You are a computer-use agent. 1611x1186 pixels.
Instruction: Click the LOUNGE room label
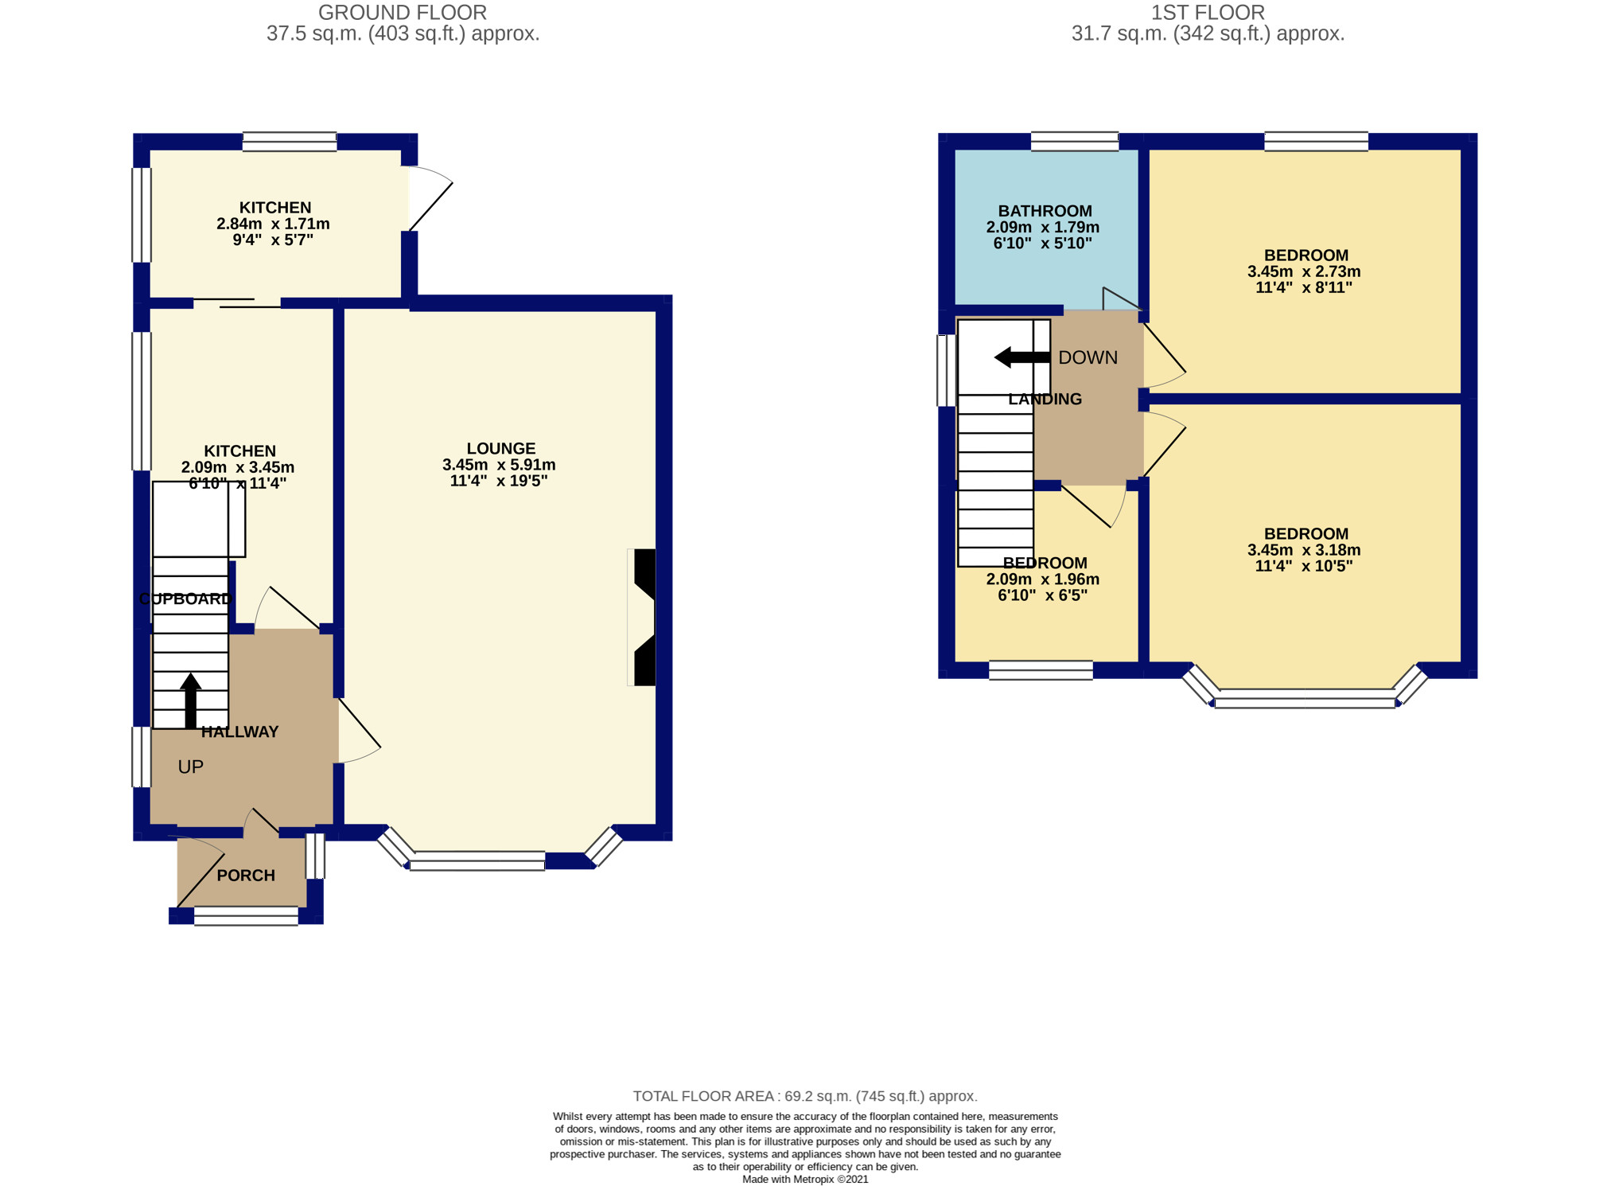[x=500, y=448]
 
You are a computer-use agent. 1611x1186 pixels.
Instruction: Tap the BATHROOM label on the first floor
[x=1045, y=211]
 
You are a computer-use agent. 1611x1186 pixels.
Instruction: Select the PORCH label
[x=246, y=876]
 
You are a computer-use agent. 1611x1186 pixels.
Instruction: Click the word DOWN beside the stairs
[x=1088, y=357]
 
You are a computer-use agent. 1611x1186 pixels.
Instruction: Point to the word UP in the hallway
[x=190, y=767]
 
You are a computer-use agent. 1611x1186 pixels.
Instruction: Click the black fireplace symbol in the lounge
[x=644, y=617]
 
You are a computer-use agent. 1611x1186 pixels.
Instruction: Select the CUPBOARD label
[x=185, y=599]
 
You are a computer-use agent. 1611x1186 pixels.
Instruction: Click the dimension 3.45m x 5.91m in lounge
[x=499, y=465]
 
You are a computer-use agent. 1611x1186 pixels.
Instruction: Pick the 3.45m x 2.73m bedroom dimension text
[x=1304, y=271]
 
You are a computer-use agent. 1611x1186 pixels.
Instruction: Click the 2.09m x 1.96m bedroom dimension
[x=1042, y=579]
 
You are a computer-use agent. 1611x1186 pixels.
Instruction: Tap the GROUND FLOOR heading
[x=403, y=13]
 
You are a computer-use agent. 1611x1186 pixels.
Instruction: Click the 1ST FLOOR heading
[x=1208, y=13]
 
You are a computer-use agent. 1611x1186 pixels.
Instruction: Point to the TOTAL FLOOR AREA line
[x=805, y=1096]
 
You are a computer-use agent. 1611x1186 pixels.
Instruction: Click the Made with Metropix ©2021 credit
[x=805, y=1180]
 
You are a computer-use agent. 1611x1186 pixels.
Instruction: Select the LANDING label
[x=1045, y=400]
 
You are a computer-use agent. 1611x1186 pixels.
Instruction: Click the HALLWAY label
[x=239, y=732]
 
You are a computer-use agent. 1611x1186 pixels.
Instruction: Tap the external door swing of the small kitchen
[x=430, y=199]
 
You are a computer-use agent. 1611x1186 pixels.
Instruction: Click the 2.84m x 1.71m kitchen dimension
[x=273, y=224]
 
